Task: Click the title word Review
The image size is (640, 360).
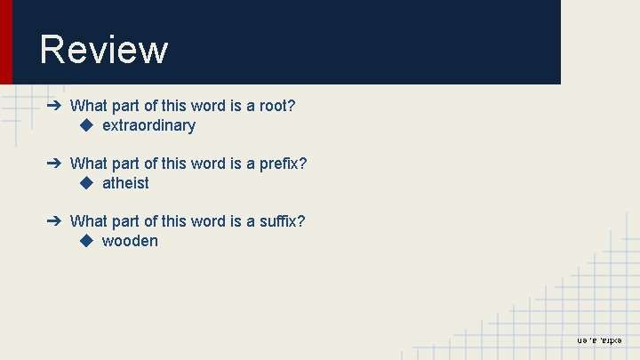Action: [103, 50]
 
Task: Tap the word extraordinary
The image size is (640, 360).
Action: [148, 125]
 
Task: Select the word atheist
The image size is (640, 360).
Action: [125, 183]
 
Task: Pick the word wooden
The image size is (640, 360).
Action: [130, 241]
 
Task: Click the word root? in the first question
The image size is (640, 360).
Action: [277, 106]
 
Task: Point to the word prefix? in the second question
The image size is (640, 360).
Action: [283, 164]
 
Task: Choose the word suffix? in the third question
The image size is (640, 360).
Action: [282, 220]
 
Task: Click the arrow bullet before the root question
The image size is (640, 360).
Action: [54, 106]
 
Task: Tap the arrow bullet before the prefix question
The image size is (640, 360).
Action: [54, 164]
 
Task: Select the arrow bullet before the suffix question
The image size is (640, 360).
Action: [54, 220]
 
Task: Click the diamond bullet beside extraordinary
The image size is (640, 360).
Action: [86, 125]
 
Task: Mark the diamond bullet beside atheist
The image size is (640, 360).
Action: [86, 183]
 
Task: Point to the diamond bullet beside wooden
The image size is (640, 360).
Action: [86, 241]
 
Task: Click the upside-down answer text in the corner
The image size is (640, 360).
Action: [600, 340]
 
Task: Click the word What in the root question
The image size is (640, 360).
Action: [88, 106]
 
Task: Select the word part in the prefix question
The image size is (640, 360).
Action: [125, 164]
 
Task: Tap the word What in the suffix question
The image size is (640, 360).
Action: [88, 220]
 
